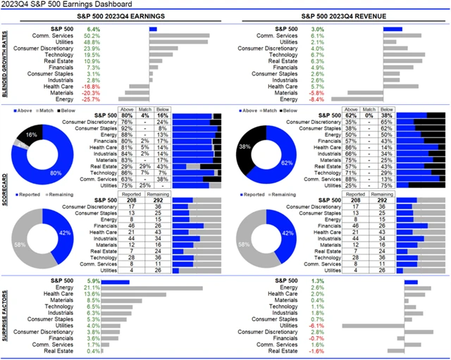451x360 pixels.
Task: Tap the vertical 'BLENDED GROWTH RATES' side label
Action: click(x=6, y=64)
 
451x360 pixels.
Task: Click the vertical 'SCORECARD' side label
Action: click(x=6, y=191)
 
